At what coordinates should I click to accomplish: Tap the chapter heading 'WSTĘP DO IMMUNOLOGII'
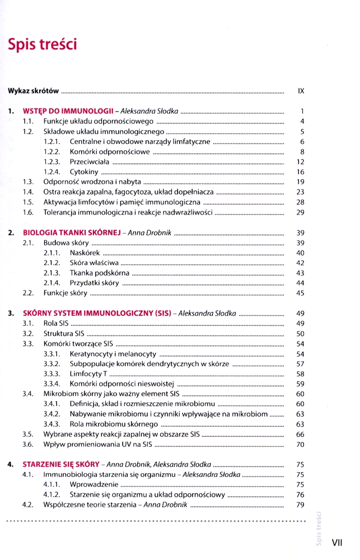pos(68,111)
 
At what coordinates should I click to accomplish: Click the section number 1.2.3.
pos(52,162)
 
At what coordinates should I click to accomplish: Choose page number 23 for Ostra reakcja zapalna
pos(300,192)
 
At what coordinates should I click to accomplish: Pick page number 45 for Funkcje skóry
pos(300,293)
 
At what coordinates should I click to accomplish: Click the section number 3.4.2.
pos(52,414)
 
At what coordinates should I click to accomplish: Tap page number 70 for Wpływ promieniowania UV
pos(300,445)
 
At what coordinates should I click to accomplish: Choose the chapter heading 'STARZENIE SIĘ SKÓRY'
pos(61,465)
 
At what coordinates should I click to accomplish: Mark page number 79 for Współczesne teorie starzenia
pos(300,505)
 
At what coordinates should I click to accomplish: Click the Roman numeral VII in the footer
pos(337,543)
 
